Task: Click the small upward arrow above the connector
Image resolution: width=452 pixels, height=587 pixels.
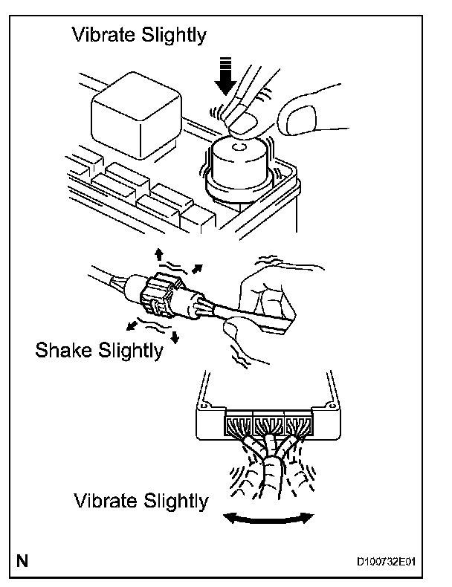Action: pyautogui.click(x=158, y=256)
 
